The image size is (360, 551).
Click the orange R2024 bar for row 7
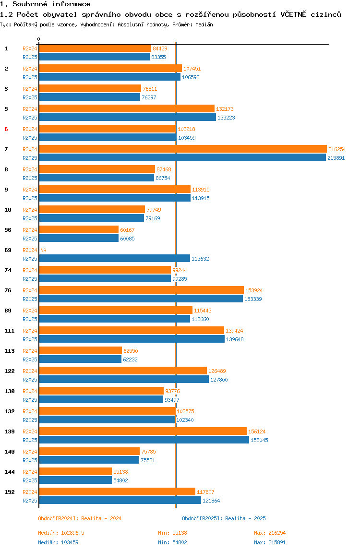[183, 149]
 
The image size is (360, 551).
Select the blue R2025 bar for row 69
[115, 259]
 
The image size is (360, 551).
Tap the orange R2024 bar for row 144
[75, 472]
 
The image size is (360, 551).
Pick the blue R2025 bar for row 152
[120, 501]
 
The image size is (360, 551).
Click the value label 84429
[160, 48]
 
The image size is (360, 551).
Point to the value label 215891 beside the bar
[336, 158]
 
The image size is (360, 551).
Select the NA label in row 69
[43, 250]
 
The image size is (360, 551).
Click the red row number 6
[6, 129]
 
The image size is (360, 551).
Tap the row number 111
[10, 331]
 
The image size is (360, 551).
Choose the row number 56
[8, 230]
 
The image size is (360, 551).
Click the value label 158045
[259, 440]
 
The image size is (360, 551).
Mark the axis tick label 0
[39, 39]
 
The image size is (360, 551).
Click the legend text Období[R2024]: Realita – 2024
[80, 518]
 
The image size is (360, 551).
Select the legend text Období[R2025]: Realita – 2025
[224, 518]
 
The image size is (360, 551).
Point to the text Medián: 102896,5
[61, 533]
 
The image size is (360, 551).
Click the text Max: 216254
[270, 533]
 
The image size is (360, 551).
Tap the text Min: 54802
[173, 542]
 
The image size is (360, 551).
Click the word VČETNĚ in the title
[293, 14]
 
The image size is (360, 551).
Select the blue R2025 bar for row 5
[128, 118]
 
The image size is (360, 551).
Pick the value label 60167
[127, 230]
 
